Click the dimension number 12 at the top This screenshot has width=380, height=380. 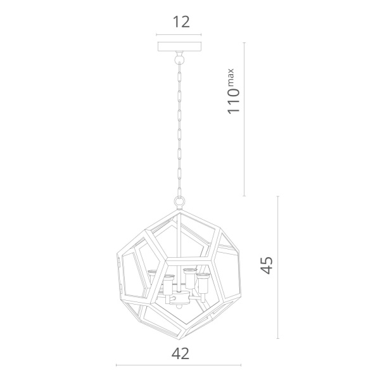click(181, 22)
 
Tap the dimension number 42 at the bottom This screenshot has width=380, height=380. click(180, 353)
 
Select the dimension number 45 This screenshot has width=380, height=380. click(267, 265)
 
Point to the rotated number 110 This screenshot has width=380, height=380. click(234, 101)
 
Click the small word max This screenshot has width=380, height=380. click(231, 77)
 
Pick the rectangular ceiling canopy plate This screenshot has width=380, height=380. click(179, 46)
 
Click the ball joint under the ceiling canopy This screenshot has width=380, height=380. click(179, 59)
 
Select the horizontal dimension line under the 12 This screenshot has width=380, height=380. click(179, 35)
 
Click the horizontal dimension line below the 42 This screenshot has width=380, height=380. click(179, 365)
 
